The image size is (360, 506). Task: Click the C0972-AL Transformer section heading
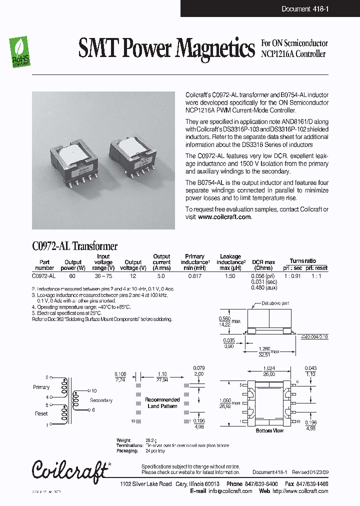pyautogui.click(x=74, y=246)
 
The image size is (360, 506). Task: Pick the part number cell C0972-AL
pyautogui.click(x=44, y=275)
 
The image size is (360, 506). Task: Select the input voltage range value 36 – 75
pyautogui.click(x=103, y=275)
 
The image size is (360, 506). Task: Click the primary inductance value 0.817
pyautogui.click(x=194, y=275)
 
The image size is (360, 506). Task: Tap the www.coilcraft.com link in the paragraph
pyautogui.click(x=224, y=217)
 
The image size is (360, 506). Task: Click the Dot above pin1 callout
pyautogui.click(x=275, y=303)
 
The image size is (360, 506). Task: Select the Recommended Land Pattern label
pyautogui.click(x=162, y=403)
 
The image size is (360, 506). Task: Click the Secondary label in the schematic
pyautogui.click(x=101, y=400)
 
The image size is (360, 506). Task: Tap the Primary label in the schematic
pyautogui.click(x=41, y=387)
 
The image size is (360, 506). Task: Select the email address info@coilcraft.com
pyautogui.click(x=230, y=491)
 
